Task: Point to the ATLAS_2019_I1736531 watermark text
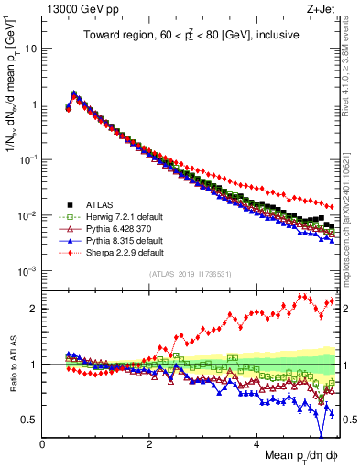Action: click(189, 274)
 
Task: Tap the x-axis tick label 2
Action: click(149, 445)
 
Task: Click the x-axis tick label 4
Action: click(256, 445)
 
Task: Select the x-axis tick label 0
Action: click(42, 445)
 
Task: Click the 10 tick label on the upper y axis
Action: click(30, 48)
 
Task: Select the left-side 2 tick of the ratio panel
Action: click(35, 309)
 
